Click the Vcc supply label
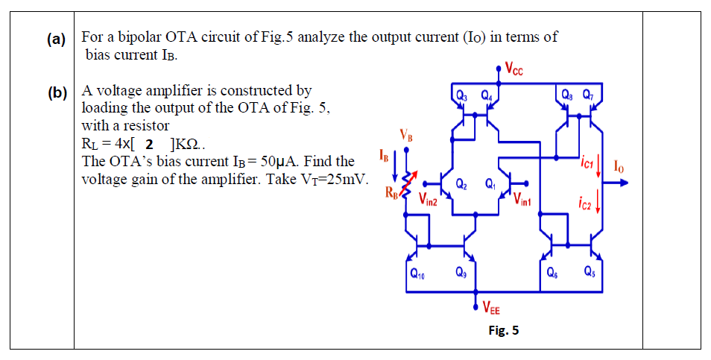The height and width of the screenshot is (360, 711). pos(514,72)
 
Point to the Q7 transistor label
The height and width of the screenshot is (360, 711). pos(588,95)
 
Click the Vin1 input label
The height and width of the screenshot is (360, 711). pos(522,199)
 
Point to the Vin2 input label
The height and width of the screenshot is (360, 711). pos(428,199)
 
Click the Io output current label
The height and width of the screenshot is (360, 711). pos(618,165)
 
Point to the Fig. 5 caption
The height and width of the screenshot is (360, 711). pos(504,330)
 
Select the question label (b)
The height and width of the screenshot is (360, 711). pos(56,93)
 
